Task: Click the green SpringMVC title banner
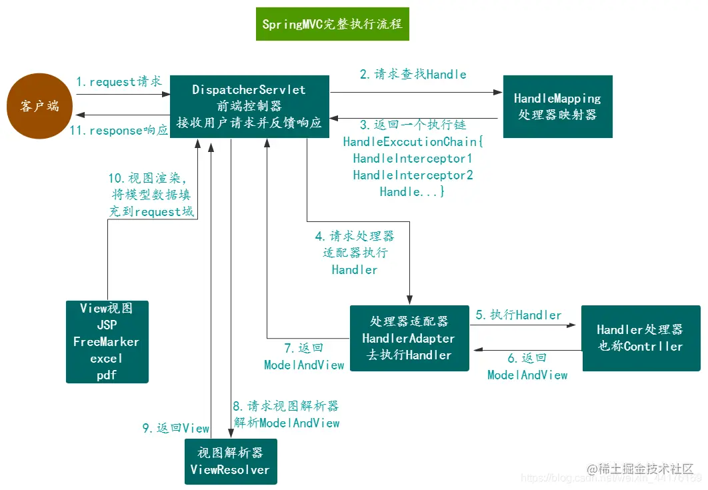331,25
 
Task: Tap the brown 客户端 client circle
39,106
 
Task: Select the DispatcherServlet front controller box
249,106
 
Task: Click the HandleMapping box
557,106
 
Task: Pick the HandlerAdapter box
409,339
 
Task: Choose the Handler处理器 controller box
640,338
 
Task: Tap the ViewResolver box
230,461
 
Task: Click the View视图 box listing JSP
107,341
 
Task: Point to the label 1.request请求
119,82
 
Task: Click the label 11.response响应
119,131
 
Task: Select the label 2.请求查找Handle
413,75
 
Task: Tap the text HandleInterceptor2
413,175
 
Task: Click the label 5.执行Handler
519,315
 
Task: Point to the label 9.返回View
175,429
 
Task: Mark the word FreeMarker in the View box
107,342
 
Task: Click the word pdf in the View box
107,375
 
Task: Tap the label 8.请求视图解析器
286,406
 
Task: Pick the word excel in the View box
107,359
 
